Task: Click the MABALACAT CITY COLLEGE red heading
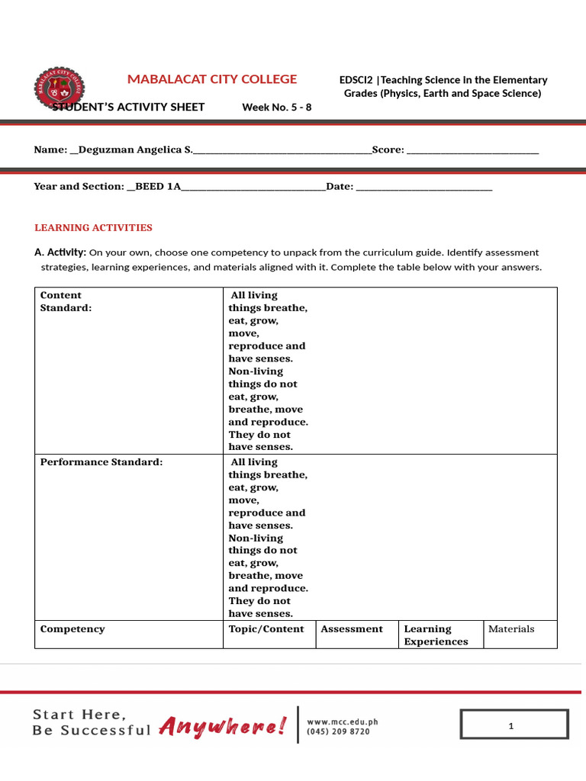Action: [x=212, y=79]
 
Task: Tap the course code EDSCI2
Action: [x=356, y=80]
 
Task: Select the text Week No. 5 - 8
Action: [x=276, y=107]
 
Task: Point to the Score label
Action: [x=388, y=149]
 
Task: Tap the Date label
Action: [x=339, y=186]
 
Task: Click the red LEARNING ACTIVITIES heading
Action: [x=93, y=227]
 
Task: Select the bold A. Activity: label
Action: [x=60, y=252]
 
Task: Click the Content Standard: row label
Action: [x=66, y=301]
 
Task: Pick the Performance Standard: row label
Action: [x=101, y=462]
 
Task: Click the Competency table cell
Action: [x=72, y=629]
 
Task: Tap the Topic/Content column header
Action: [x=266, y=629]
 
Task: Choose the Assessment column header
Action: [x=352, y=629]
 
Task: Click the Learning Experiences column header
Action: [x=436, y=635]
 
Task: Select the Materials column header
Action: [x=511, y=629]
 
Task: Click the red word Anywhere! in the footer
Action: [x=223, y=727]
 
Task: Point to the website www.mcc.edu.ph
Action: [x=342, y=721]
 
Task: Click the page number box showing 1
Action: [x=514, y=725]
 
